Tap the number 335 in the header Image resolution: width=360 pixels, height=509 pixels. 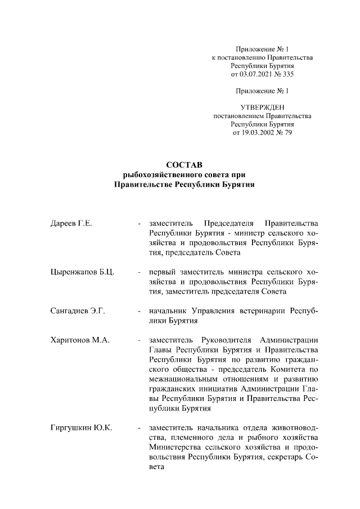pyautogui.click(x=288, y=74)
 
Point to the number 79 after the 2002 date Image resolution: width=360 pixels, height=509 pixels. pyautogui.click(x=289, y=133)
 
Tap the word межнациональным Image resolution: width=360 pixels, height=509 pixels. pyautogui.click(x=186, y=379)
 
